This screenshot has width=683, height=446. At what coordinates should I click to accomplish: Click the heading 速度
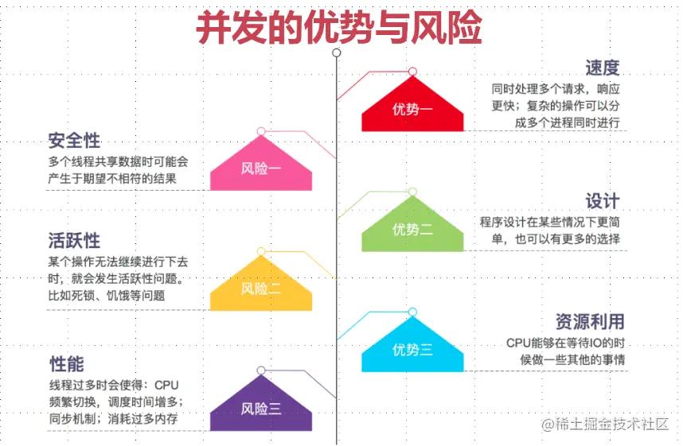click(x=602, y=68)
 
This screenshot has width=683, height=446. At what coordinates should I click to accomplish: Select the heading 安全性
click(x=74, y=141)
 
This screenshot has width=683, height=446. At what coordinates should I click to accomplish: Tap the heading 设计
click(x=602, y=200)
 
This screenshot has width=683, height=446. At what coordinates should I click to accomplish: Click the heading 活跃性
click(x=74, y=240)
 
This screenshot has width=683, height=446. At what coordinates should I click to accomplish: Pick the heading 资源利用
click(x=589, y=321)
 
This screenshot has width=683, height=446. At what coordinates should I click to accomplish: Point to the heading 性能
click(x=66, y=364)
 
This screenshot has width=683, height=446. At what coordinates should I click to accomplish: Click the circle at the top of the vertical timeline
click(x=337, y=52)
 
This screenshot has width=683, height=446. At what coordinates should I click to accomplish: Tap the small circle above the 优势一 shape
click(x=412, y=72)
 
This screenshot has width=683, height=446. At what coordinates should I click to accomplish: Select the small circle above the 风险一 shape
click(x=261, y=131)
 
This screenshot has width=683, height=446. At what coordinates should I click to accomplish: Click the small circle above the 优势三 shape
click(x=412, y=312)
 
